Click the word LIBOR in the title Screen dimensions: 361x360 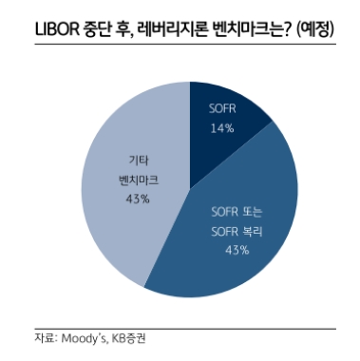[45, 30]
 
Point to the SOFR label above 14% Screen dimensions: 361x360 [221, 110]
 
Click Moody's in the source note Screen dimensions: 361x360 [84, 337]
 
